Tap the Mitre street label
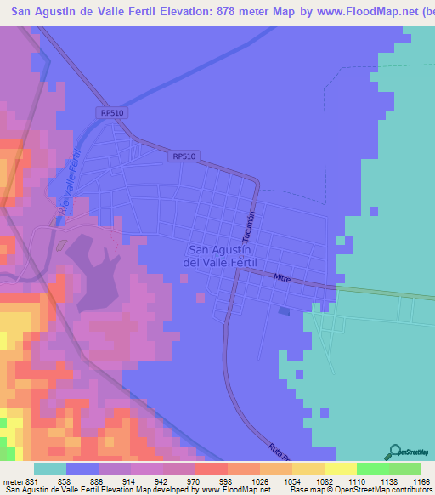(283, 278)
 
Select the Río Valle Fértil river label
(69, 183)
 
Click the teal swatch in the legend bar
(50, 469)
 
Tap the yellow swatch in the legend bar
(340, 469)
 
